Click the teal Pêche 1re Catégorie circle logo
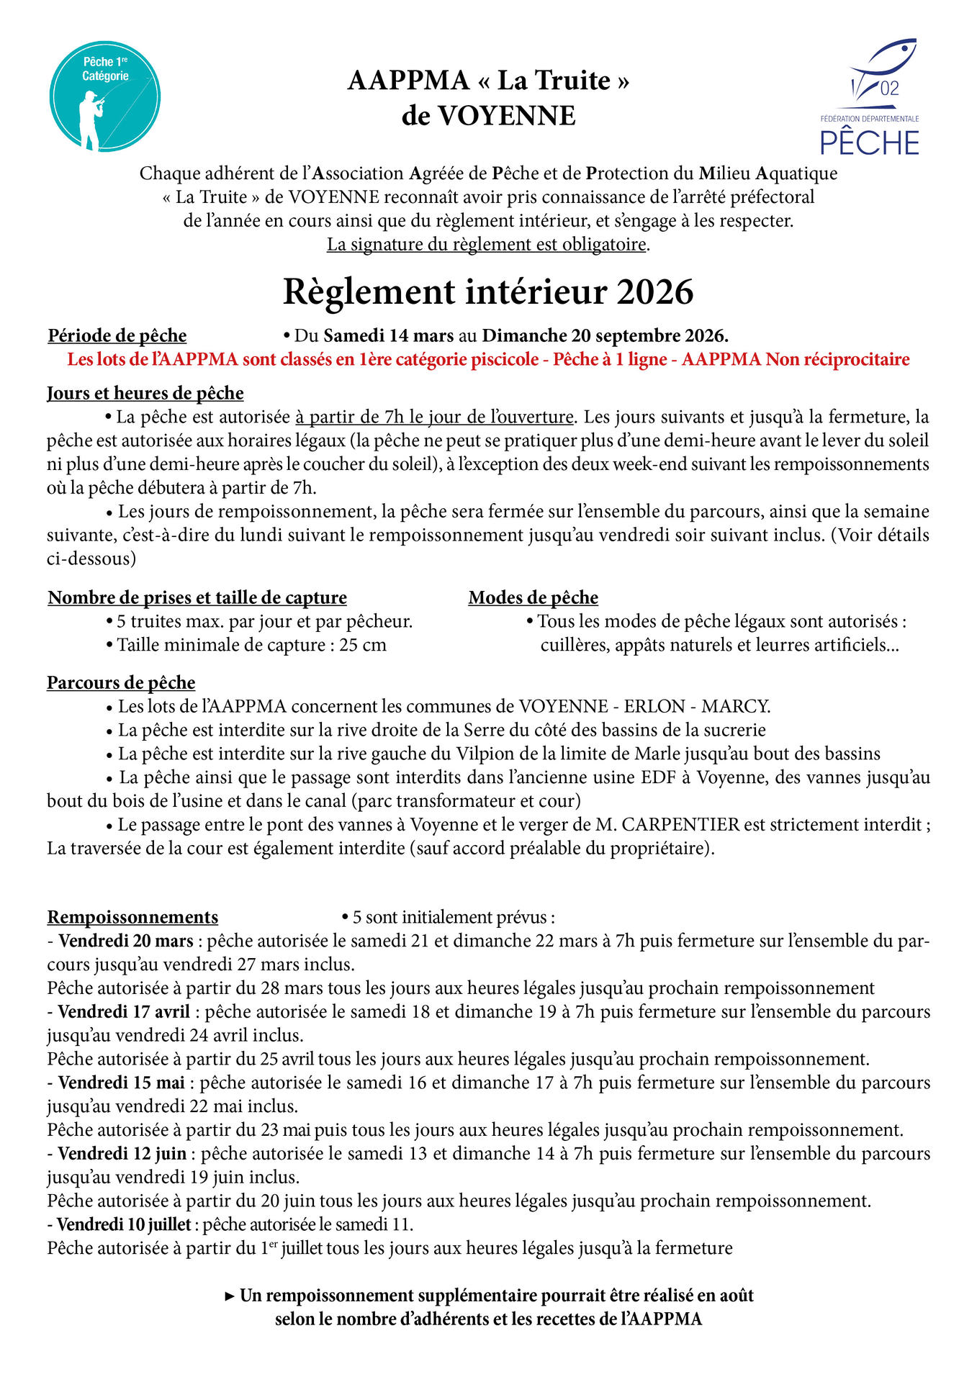click(105, 96)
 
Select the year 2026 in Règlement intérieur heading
click(654, 292)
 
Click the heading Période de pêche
click(117, 335)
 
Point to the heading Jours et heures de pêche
click(145, 393)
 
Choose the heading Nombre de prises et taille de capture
click(197, 597)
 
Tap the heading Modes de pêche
click(533, 597)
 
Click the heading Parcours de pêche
click(121, 682)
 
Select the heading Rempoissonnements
click(133, 917)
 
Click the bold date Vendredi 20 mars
click(126, 941)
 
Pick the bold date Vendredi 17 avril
click(124, 1011)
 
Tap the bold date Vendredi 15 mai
click(122, 1083)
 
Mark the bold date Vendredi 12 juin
click(122, 1153)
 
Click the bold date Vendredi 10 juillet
click(124, 1224)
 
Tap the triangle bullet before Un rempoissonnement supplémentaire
click(230, 1296)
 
